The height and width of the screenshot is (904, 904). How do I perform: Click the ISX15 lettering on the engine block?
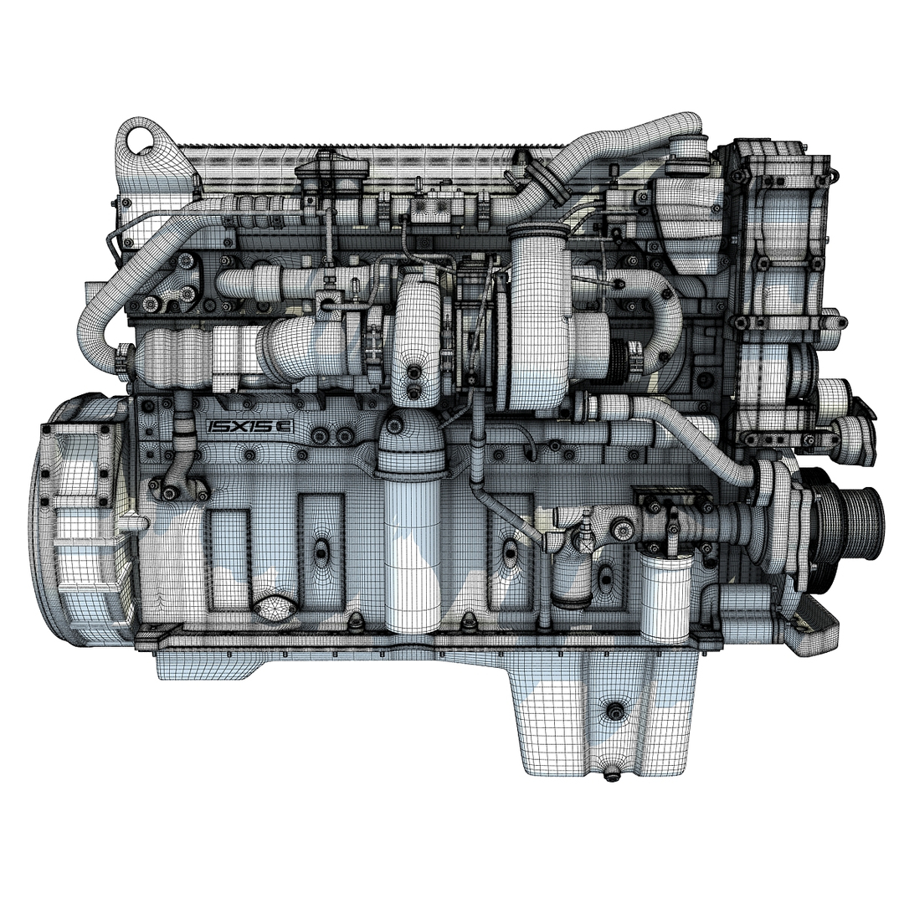click(249, 427)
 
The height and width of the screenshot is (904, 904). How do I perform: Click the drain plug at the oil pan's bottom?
click(613, 774)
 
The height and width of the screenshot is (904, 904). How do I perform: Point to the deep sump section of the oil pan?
click(603, 711)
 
